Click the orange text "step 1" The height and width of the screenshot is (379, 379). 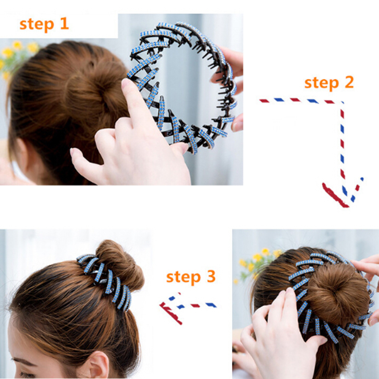point(44,25)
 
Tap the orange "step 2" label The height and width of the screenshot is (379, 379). point(329,83)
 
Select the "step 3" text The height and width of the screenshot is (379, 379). point(191,277)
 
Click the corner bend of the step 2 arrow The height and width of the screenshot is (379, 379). point(342,103)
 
